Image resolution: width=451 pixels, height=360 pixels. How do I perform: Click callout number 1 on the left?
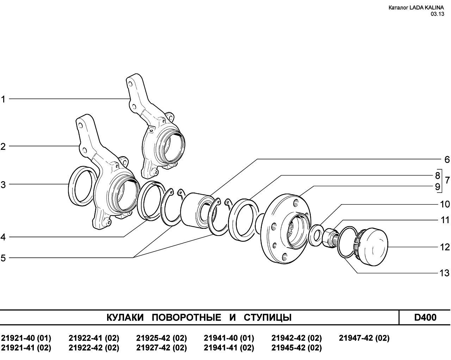3,99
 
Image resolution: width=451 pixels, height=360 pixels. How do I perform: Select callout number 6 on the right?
447,160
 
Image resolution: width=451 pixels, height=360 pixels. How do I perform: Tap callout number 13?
444,273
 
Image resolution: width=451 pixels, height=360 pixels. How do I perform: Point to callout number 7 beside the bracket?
447,180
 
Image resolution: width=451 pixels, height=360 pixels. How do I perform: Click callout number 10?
445,204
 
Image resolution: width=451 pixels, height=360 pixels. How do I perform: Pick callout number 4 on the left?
3,237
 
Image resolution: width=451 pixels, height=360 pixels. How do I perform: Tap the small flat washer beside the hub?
316,235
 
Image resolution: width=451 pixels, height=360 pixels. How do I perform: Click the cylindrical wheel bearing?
196,210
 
